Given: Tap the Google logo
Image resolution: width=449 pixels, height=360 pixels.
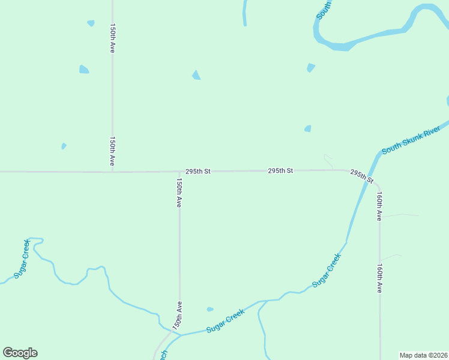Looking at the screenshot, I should click(20, 352).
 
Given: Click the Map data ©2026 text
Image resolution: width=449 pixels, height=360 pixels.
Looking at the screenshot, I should click(423, 355).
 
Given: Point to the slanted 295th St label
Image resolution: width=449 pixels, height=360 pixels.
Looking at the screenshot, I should click(362, 176).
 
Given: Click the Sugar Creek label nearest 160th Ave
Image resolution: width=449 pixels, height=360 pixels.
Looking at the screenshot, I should click(327, 270).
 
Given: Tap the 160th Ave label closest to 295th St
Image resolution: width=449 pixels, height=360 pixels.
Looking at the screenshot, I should click(379, 206).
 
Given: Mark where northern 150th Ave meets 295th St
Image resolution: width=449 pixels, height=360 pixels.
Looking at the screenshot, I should click(112, 172).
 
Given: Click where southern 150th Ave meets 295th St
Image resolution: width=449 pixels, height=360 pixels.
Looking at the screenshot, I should click(179, 172).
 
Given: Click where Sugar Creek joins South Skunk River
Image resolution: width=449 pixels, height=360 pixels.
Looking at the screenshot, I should click(346, 242).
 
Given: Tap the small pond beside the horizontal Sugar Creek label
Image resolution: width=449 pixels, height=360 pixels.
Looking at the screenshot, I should click(209, 310).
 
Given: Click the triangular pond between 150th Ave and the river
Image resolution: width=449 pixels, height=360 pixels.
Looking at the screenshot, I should click(196, 75).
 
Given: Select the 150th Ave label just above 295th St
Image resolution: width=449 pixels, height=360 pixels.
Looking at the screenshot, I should click(112, 151).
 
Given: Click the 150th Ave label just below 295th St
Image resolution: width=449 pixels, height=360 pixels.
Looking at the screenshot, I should click(179, 193).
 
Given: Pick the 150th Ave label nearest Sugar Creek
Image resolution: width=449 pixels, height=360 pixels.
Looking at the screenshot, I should click(177, 314).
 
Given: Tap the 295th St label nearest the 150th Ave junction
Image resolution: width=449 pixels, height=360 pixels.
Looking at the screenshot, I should click(198, 171).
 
